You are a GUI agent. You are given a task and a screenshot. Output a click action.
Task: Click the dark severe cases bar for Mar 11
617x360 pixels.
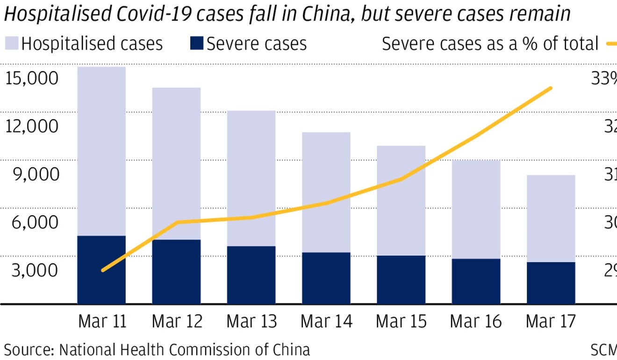101,270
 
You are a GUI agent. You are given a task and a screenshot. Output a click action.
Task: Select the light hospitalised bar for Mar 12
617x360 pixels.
176,164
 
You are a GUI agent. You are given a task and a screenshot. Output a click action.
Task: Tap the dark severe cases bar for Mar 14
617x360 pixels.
326,278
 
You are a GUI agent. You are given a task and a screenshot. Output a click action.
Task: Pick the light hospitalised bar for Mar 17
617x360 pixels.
551,218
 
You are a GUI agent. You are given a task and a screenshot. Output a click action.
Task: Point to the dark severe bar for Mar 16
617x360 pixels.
476,281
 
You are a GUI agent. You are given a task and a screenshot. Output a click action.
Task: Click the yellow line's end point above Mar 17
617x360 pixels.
551,88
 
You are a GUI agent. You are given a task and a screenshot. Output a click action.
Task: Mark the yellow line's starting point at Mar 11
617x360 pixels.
103,270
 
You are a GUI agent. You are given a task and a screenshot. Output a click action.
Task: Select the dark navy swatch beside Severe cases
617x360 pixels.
197,43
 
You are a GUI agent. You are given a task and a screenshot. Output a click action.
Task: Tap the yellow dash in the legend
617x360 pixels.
611,44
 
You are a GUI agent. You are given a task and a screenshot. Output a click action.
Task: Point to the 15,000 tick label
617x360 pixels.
32,78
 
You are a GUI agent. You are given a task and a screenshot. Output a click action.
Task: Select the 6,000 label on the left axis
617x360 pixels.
36,222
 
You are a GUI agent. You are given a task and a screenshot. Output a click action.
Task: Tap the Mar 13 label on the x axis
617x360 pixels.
251,322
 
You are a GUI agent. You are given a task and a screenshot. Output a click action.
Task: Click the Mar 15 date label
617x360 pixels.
401,322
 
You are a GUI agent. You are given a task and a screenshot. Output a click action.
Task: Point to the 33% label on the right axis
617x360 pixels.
604,78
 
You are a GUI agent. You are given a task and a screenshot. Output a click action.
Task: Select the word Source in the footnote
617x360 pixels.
29,350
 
